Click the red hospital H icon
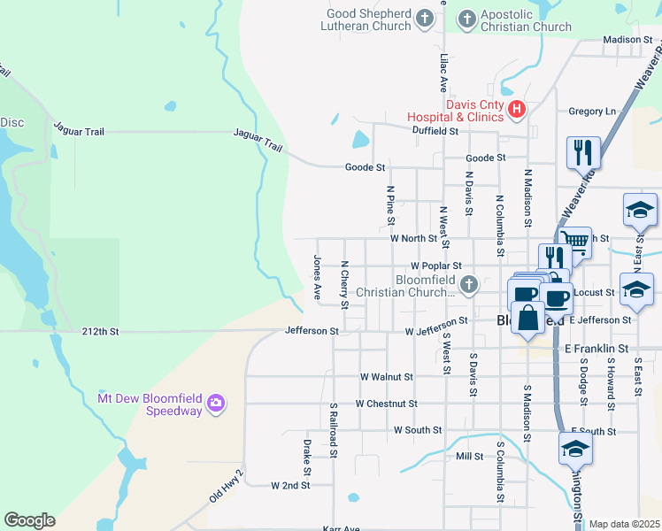517,111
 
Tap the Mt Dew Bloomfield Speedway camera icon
215,405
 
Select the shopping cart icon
575,241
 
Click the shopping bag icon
527,318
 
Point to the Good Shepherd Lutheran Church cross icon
425,18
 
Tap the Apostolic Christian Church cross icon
466,18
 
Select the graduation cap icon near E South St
575,447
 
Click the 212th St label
100,332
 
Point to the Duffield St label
435,130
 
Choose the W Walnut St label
387,376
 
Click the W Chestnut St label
385,404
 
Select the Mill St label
469,457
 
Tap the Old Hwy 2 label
227,487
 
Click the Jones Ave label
317,278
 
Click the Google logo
29,520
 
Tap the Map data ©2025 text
623,524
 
